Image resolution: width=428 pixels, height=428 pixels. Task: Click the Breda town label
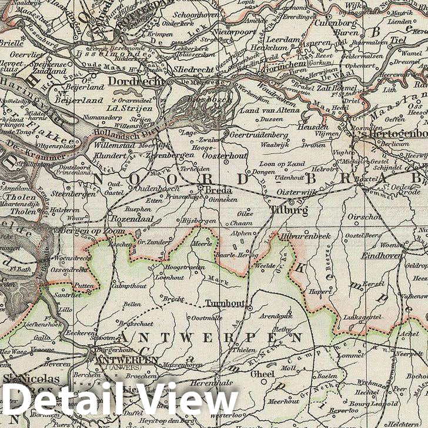click(x=218, y=190)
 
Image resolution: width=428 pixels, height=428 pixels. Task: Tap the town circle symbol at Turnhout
click(x=249, y=307)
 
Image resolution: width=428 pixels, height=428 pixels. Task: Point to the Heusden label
click(x=313, y=127)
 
